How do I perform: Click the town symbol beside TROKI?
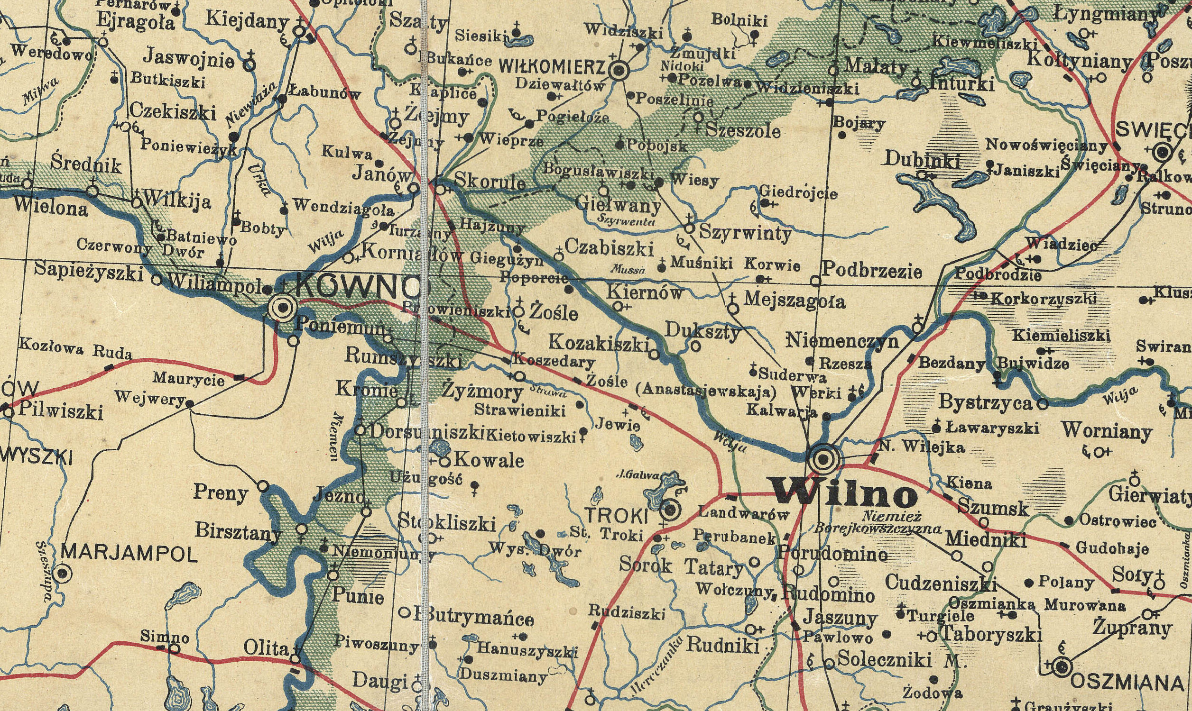pos(671,510)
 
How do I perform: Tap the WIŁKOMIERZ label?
pos(553,68)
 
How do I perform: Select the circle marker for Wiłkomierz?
pos(619,71)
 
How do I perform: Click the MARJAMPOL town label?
pos(129,555)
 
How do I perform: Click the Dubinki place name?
pos(923,160)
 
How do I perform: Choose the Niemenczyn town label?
pos(842,341)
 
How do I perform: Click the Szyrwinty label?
pos(745,233)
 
